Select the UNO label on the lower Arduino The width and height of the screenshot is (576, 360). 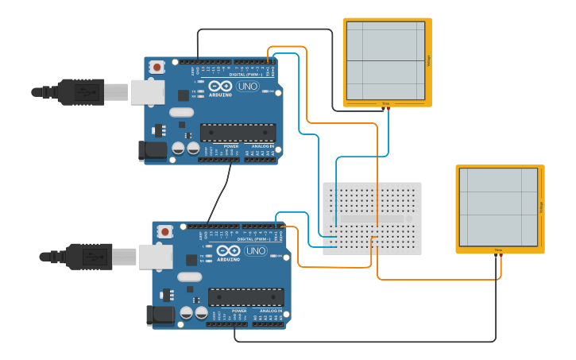[255, 250]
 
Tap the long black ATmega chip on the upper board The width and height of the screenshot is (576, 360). [238, 132]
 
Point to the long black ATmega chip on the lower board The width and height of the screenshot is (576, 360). [245, 297]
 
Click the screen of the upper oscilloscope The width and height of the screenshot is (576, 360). [386, 60]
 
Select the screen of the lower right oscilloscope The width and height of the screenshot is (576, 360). [498, 207]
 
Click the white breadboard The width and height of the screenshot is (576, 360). [372, 219]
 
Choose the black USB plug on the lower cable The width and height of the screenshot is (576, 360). [88, 257]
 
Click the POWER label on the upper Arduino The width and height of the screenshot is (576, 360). [230, 146]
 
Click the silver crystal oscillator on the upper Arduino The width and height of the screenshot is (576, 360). [181, 112]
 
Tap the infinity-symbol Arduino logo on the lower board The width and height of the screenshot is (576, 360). [229, 251]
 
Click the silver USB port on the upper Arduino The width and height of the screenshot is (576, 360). [147, 91]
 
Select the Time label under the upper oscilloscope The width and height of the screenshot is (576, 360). [386, 104]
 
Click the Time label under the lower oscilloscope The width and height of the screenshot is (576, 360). [499, 250]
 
